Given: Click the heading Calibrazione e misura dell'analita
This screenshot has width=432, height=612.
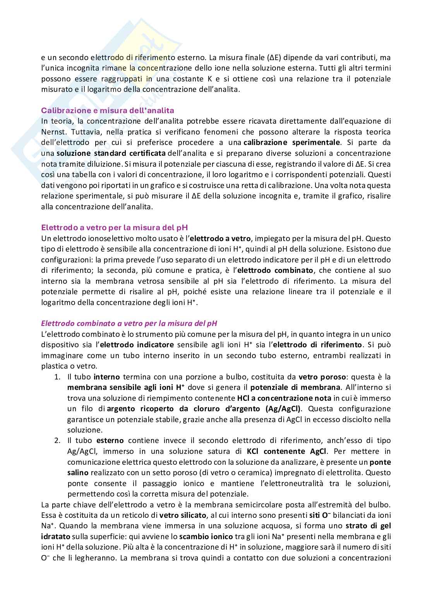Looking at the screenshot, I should tap(108, 110).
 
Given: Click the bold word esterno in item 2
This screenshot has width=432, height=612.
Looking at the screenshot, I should tap(110, 441).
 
